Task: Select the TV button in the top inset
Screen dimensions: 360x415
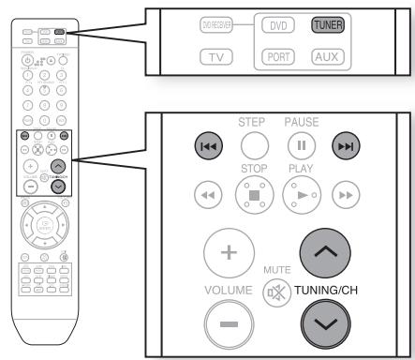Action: pyautogui.click(x=217, y=56)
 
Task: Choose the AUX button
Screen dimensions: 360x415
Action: pyautogui.click(x=330, y=56)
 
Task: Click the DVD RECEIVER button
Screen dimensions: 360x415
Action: pyautogui.click(x=218, y=24)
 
